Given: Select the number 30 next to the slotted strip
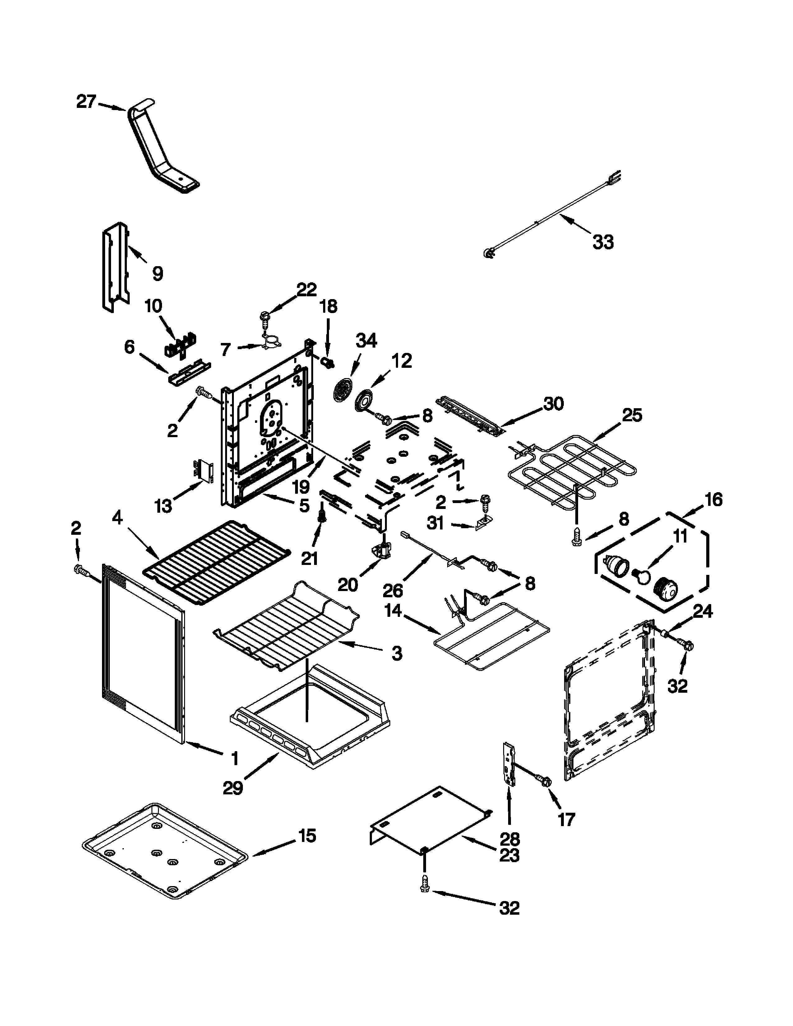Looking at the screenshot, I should click(x=554, y=404).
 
